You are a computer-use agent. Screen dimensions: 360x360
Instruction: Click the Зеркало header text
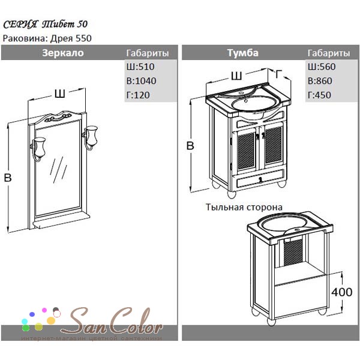63,53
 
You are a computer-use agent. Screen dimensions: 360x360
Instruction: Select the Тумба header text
242,53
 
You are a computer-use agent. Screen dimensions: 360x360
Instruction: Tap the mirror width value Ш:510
140,67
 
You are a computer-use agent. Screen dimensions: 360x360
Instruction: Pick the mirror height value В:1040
141,81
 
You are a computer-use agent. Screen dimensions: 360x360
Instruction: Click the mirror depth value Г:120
138,95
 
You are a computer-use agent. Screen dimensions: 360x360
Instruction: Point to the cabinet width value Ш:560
322,67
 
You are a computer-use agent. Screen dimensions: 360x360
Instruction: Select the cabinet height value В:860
320,81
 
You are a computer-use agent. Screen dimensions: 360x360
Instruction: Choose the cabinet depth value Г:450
319,95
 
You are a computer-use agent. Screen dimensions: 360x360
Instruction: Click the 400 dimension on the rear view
341,292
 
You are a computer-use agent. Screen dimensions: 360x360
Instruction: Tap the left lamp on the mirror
38,149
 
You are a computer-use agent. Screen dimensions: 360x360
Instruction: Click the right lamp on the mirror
91,137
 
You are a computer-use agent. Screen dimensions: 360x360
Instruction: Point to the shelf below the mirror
61,221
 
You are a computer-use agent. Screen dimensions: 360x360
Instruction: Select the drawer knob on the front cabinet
260,180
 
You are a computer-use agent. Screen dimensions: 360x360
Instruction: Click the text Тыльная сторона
244,207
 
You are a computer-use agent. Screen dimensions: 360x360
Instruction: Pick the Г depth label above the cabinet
279,74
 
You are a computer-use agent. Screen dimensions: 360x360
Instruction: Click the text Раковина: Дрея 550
47,38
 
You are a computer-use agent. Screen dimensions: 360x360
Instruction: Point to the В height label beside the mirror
8,178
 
